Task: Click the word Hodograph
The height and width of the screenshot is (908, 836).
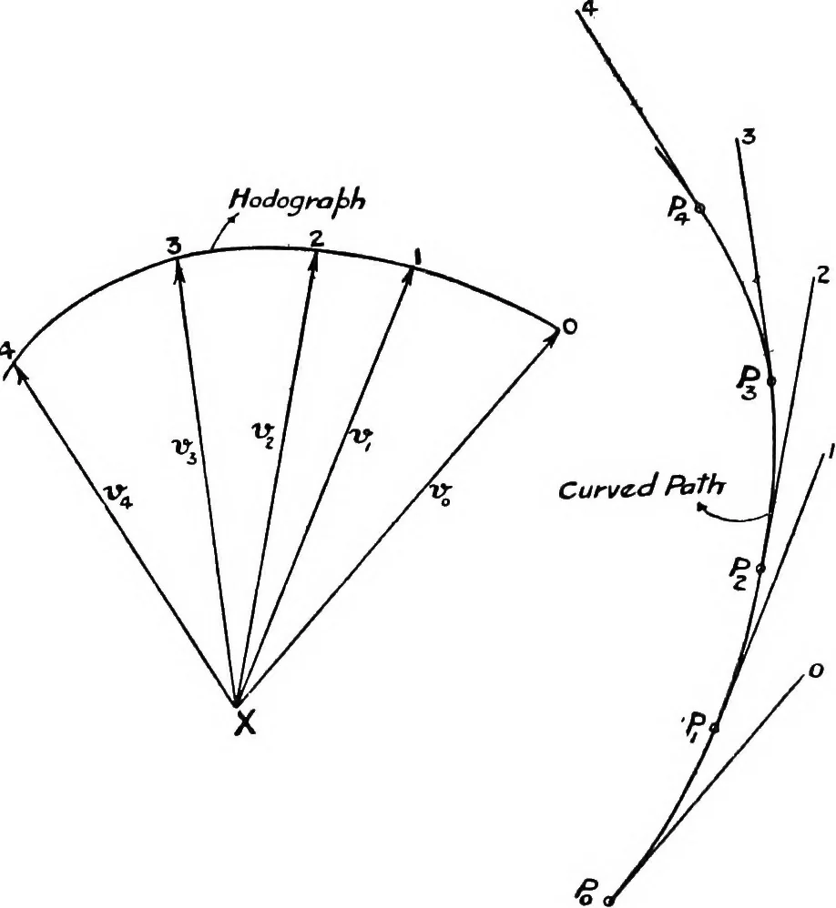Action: (x=298, y=201)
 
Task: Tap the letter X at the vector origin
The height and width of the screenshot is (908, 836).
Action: (x=245, y=723)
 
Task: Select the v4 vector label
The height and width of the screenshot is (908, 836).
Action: (x=120, y=496)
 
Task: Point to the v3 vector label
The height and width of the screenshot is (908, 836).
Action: (x=186, y=449)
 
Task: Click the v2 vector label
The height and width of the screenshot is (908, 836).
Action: (x=262, y=431)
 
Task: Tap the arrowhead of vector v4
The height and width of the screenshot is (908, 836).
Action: (x=20, y=375)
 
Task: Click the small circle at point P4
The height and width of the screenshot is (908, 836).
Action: (x=699, y=207)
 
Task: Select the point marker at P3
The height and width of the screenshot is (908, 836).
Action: (x=771, y=380)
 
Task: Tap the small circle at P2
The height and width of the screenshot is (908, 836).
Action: (x=760, y=568)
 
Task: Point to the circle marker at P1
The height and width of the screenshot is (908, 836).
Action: (x=715, y=727)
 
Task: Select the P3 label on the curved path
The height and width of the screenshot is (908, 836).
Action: (x=747, y=383)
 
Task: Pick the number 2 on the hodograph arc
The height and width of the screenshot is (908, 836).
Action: (x=317, y=238)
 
